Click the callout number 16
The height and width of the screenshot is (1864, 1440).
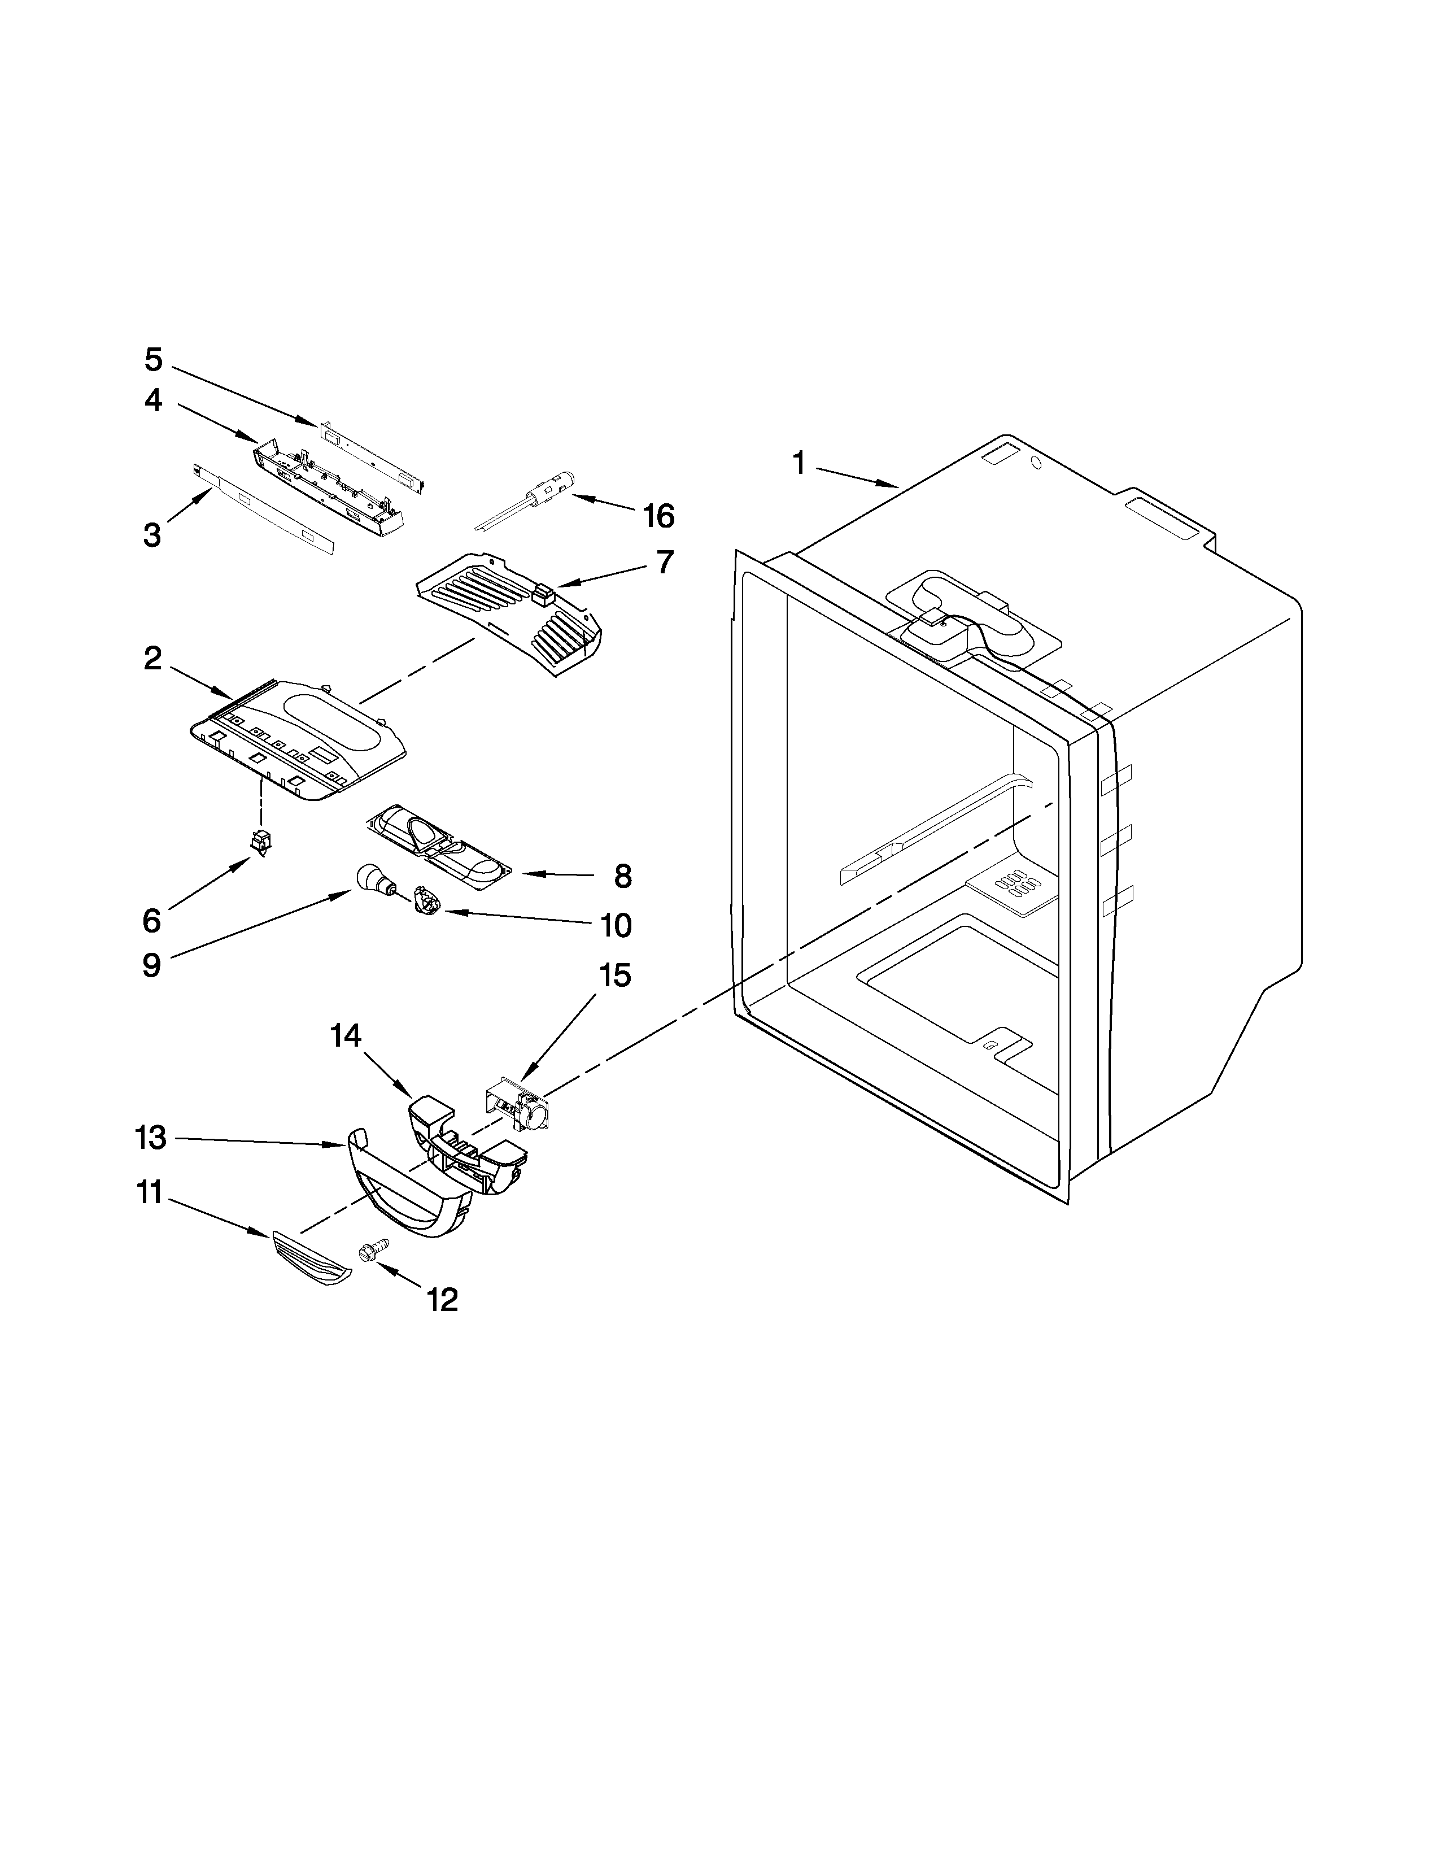[x=658, y=516]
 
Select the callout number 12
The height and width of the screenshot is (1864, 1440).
[x=442, y=1299]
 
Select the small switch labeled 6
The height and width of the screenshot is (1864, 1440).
[x=259, y=842]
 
